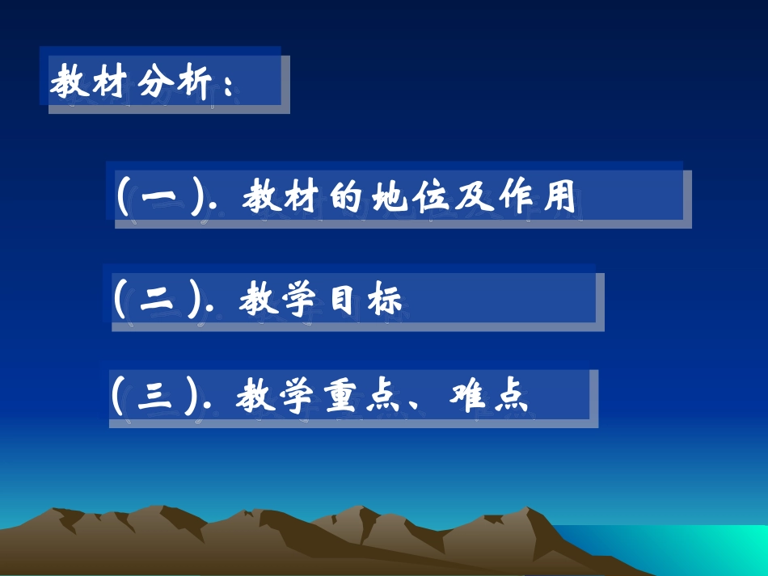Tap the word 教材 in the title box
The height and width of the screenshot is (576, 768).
click(86, 82)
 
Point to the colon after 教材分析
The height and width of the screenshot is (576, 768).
click(227, 83)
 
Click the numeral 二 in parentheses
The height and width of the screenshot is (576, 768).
click(155, 300)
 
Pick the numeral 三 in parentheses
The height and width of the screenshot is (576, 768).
click(154, 397)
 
